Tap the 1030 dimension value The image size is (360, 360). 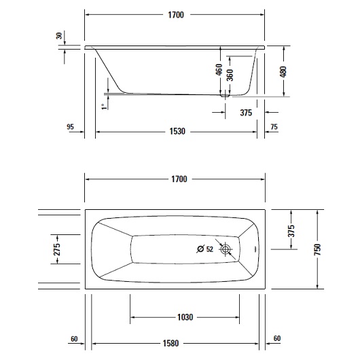tap(184, 317)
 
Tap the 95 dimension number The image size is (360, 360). tap(71, 126)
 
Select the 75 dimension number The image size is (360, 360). tap(274, 126)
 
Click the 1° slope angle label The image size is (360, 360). tap(103, 105)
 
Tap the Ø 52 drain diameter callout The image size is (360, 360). tap(205, 249)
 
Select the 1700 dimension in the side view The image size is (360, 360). tap(179, 14)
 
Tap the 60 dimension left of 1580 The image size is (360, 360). tap(74, 339)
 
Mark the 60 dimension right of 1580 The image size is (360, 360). tap(276, 339)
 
